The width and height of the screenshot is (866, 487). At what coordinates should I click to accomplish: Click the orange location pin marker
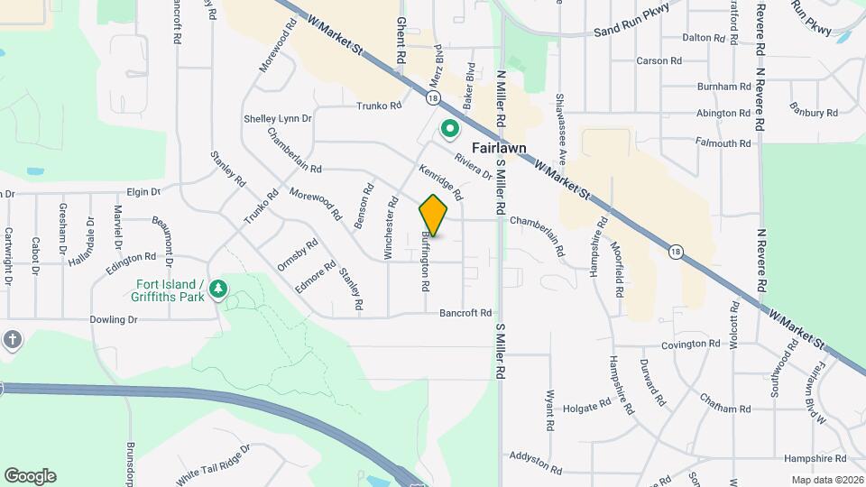click(x=434, y=215)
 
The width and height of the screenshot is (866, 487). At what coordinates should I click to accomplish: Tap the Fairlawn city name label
click(x=498, y=149)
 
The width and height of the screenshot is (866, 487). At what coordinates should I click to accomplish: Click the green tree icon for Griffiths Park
click(x=217, y=289)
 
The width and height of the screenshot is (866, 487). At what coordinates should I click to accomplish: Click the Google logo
click(x=30, y=476)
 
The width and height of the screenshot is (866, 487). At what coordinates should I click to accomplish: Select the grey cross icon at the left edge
click(x=11, y=339)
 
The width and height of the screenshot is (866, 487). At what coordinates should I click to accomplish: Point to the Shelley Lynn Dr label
click(x=277, y=118)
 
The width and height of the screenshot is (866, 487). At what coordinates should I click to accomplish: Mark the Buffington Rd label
click(x=425, y=261)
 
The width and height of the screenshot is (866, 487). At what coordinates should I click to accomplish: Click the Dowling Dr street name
click(x=113, y=319)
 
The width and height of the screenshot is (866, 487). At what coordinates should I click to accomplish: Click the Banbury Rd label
click(x=814, y=113)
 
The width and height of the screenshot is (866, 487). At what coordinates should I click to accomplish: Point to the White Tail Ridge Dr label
click(x=213, y=461)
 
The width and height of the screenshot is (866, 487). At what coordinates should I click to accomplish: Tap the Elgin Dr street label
click(x=143, y=192)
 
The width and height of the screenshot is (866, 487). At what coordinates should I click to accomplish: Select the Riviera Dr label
click(x=473, y=162)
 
